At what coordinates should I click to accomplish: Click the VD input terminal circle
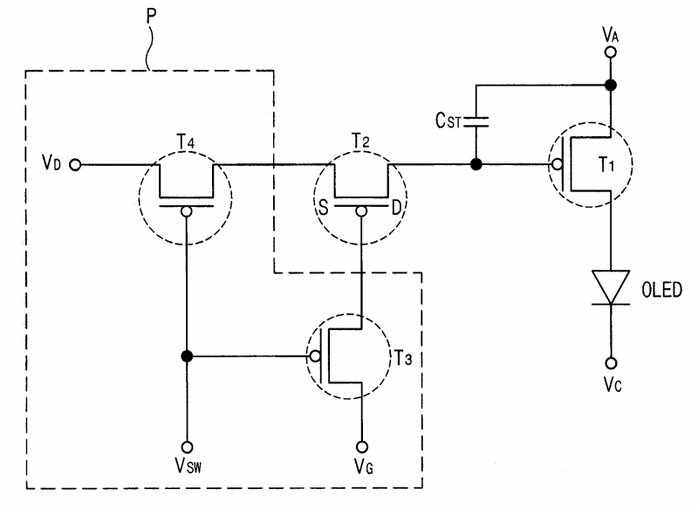(x=76, y=165)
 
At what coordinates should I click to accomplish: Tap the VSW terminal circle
(x=187, y=447)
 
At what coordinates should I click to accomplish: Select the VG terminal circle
(x=362, y=447)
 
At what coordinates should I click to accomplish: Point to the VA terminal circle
(x=610, y=52)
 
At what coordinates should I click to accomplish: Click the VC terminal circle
(x=611, y=363)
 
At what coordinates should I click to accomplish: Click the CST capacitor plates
(x=476, y=122)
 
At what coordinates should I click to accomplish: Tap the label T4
(x=186, y=142)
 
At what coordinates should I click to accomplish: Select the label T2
(x=360, y=141)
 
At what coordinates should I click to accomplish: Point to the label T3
(x=403, y=358)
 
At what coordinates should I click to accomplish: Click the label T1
(x=606, y=165)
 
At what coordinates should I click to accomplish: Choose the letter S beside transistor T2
(x=324, y=207)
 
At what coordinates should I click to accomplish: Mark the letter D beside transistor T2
(x=396, y=208)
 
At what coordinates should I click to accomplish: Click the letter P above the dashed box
(x=151, y=16)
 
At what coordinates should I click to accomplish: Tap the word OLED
(x=661, y=290)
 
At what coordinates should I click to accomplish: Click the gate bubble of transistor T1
(x=557, y=165)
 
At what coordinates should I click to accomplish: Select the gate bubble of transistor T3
(x=315, y=356)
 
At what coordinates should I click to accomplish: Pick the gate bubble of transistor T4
(x=187, y=211)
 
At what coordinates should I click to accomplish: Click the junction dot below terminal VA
(x=610, y=85)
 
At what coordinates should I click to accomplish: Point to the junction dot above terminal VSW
(x=187, y=356)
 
